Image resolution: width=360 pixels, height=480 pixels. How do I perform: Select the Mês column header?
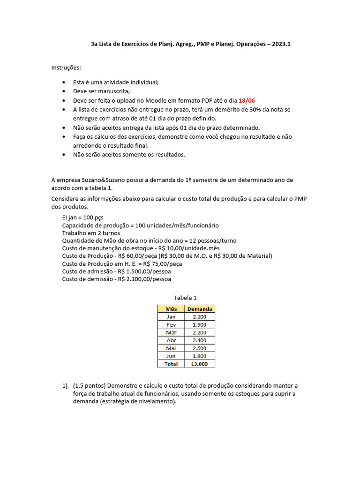[x=171, y=309]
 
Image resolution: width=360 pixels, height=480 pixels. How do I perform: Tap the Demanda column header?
[x=200, y=309]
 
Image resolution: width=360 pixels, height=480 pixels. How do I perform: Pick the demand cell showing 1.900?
[x=200, y=324]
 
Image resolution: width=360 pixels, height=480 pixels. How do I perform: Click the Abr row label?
[x=171, y=340]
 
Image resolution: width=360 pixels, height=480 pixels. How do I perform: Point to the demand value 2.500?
[x=200, y=348]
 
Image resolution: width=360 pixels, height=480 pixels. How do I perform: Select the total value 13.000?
[x=200, y=364]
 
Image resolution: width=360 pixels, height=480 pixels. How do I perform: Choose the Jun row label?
[x=171, y=356]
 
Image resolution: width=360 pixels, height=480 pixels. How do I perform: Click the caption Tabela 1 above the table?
[x=185, y=298]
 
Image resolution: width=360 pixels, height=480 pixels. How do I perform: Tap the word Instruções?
[x=66, y=67]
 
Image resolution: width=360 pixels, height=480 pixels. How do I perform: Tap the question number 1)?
[x=65, y=385]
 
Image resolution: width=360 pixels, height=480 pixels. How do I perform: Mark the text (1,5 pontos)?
[x=90, y=385]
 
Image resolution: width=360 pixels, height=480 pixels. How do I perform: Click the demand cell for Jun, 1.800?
[x=200, y=356]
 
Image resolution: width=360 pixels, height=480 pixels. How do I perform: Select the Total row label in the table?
[x=171, y=364]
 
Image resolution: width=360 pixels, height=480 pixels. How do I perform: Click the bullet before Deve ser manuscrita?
[x=64, y=91]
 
